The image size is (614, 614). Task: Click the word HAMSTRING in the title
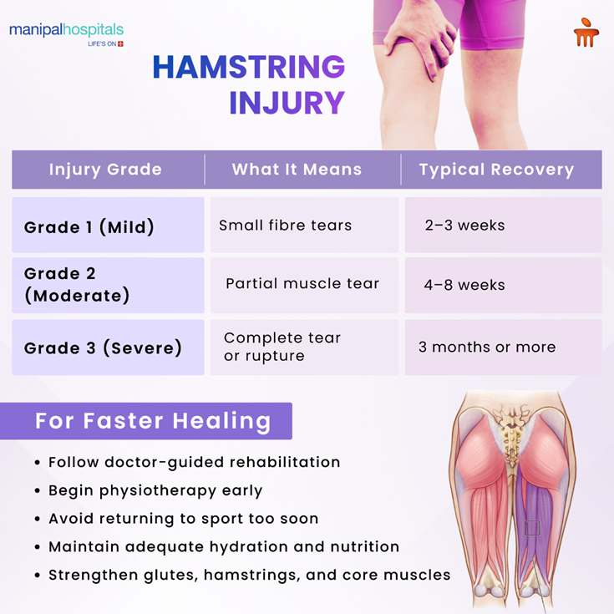tap(248, 68)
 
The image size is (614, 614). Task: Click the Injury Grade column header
tap(105, 170)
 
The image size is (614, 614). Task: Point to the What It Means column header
tap(297, 170)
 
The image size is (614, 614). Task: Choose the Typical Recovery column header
tap(496, 170)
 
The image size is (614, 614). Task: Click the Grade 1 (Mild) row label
tap(89, 226)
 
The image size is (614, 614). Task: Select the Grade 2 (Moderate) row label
tap(77, 285)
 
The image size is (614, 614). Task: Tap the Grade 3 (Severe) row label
tap(103, 348)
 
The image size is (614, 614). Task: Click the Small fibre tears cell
tap(285, 225)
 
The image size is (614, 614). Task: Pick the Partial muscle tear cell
tap(302, 283)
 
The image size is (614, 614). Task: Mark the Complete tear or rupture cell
tap(282, 347)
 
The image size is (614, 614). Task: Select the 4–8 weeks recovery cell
tap(464, 285)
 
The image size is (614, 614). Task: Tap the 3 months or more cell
tap(487, 347)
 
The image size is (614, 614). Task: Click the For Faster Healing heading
tap(153, 421)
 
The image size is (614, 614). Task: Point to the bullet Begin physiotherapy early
tap(155, 490)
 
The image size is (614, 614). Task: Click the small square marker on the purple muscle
tap(532, 528)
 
